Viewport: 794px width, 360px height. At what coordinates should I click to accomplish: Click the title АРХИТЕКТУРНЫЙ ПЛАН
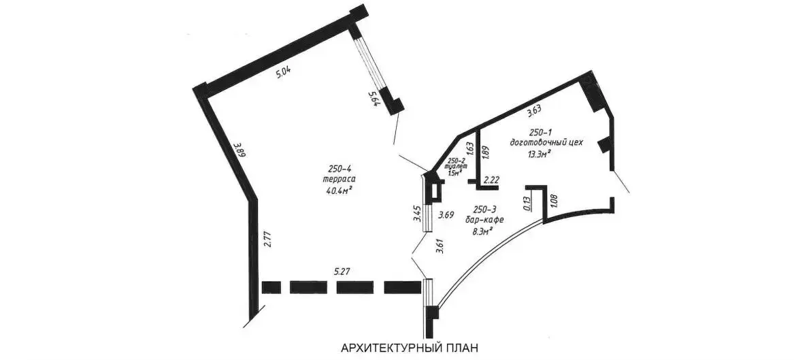(410, 348)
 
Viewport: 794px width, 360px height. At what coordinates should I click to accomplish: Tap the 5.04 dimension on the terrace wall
(286, 73)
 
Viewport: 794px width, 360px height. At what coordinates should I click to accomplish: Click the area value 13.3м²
(531, 153)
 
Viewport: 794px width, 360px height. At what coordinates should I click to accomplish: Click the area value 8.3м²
(482, 231)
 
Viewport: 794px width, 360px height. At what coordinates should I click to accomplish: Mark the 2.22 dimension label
(492, 179)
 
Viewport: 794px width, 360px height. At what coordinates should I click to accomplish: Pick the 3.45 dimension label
(416, 215)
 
